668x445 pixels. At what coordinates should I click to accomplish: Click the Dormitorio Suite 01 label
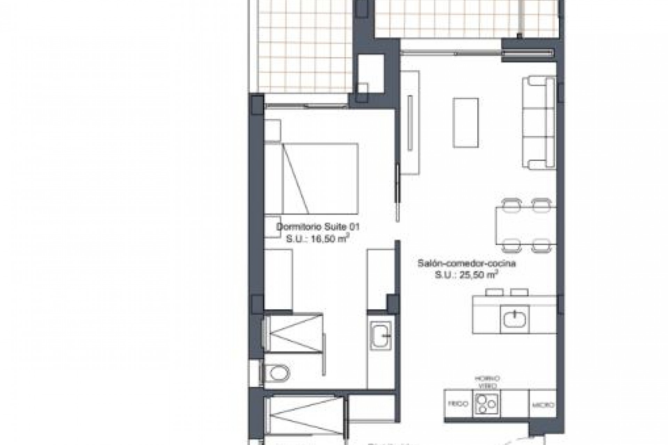317,227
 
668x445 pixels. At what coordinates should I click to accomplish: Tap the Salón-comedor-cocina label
467,264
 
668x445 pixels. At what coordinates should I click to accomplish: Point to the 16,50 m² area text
317,239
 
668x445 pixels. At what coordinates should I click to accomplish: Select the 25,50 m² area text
466,275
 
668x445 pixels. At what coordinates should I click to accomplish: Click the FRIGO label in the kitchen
458,404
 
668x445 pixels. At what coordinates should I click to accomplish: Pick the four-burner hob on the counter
486,404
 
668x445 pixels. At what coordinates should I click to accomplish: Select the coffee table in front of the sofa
465,123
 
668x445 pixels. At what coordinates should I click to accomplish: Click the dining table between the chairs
525,225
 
